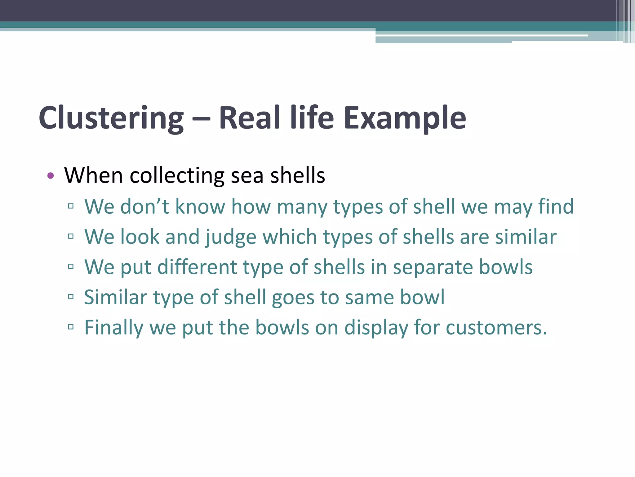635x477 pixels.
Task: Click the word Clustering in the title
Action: (111, 118)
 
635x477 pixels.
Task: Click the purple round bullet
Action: (51, 176)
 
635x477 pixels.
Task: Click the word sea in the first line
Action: (247, 176)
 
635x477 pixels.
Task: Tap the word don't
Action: (144, 206)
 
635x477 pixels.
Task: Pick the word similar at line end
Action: (526, 237)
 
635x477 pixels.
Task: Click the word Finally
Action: (113, 328)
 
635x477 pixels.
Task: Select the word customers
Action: (496, 328)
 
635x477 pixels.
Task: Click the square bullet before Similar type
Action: (71, 297)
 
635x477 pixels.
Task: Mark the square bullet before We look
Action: (71, 236)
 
